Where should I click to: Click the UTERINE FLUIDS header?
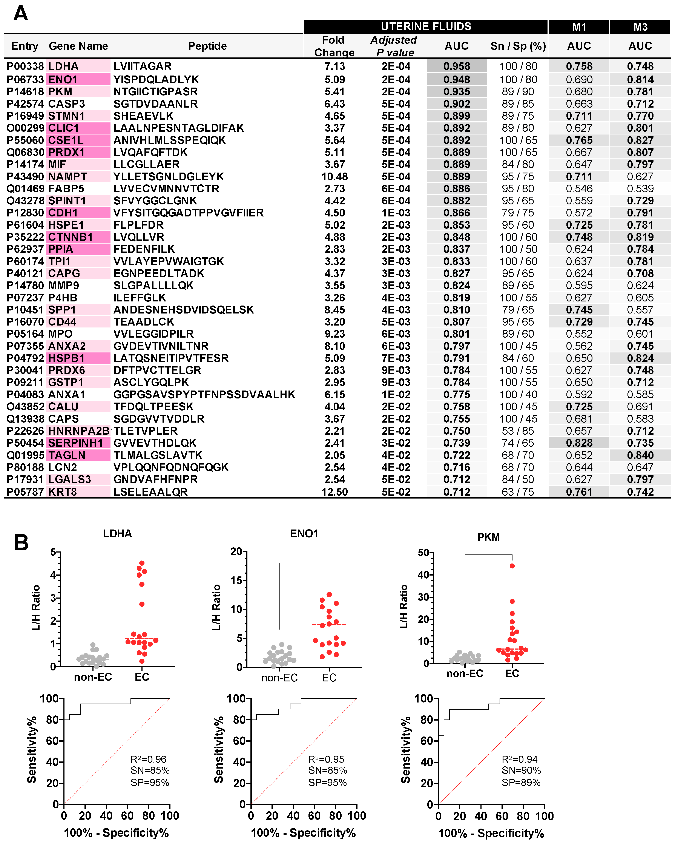(x=426, y=27)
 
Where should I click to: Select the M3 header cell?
(x=640, y=27)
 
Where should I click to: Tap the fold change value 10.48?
(x=334, y=177)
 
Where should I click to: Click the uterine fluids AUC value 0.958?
(x=457, y=66)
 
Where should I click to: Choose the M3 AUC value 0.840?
(x=640, y=455)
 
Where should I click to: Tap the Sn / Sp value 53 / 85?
(x=518, y=431)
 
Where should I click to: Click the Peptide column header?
(x=207, y=46)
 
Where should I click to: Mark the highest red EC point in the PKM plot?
(x=512, y=566)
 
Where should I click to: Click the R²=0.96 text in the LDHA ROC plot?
(x=149, y=759)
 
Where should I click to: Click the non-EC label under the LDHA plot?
(x=93, y=677)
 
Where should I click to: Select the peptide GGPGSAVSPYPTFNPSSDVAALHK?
(x=204, y=395)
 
